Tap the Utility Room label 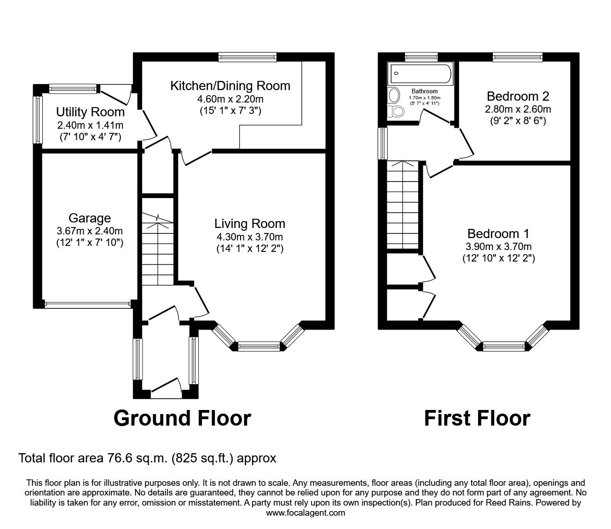click(x=90, y=112)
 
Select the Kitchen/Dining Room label click(x=230, y=85)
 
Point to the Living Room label click(x=249, y=224)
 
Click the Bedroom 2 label click(x=518, y=97)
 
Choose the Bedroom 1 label click(x=498, y=233)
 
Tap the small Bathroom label click(x=424, y=91)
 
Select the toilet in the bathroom click(x=395, y=111)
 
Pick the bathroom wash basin click(x=394, y=95)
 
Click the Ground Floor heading click(x=182, y=418)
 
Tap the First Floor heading click(x=477, y=418)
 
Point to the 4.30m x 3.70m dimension click(x=249, y=237)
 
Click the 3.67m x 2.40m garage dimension click(x=90, y=231)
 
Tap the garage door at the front click(x=87, y=303)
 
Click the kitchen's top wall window click(x=248, y=57)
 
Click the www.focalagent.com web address click(x=305, y=513)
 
